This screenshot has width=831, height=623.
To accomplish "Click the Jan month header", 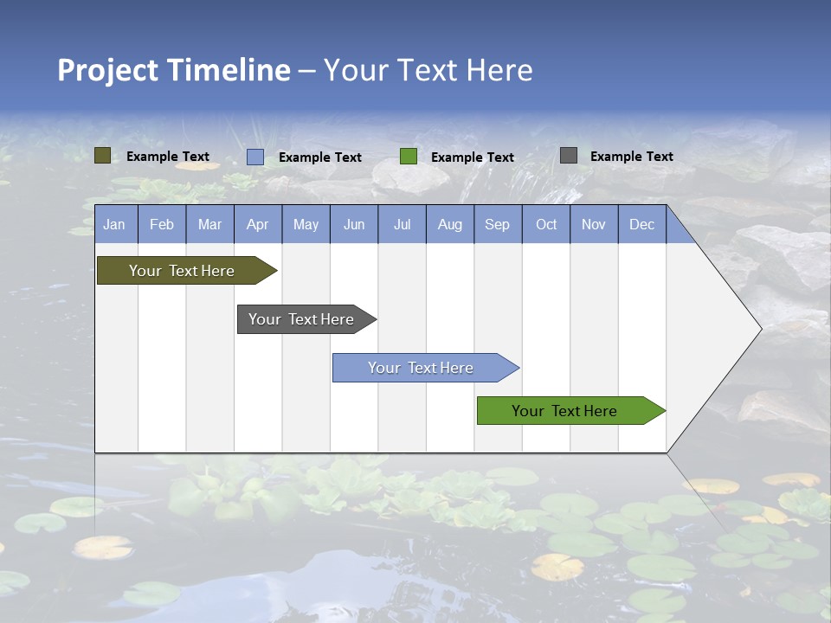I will (114, 225).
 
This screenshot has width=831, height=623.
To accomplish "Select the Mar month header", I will (209, 225).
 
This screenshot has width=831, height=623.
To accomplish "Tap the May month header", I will (306, 225).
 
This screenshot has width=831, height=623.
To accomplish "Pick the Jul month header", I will (402, 225).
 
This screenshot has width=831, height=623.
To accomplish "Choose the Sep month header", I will (497, 225).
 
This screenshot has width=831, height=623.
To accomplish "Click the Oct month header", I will (546, 225).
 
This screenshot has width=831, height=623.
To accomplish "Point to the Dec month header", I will (641, 225).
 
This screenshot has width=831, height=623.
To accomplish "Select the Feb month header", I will (162, 225).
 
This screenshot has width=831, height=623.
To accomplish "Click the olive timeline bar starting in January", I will (182, 271).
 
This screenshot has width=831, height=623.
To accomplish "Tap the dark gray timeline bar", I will (301, 319).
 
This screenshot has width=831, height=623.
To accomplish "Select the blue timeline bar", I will (421, 368).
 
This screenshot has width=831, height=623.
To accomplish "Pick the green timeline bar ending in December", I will (564, 411).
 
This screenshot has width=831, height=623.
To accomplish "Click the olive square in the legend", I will (102, 156).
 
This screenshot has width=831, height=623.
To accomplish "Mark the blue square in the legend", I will (255, 157).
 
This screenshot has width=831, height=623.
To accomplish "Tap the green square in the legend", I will (409, 157).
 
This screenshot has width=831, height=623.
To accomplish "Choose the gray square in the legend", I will (569, 156).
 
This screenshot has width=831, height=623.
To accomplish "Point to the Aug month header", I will (449, 225).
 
